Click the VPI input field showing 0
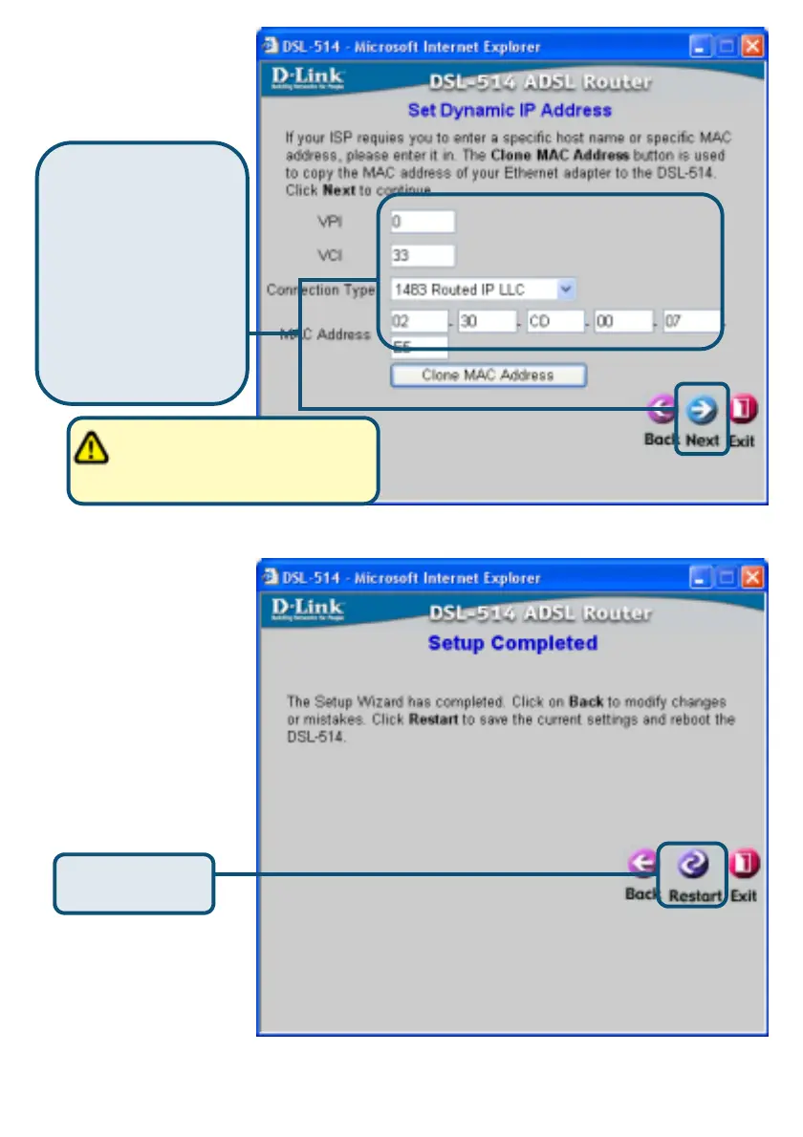[x=423, y=222]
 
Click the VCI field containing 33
[x=423, y=256]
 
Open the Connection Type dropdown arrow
[x=566, y=289]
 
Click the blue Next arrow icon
[x=703, y=410]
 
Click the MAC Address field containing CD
[x=554, y=322]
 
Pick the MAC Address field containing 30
[x=487, y=322]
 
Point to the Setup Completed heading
[x=512, y=643]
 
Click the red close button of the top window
[x=753, y=46]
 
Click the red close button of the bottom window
[x=753, y=577]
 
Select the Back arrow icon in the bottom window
[x=641, y=865]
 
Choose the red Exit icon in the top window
[x=744, y=410]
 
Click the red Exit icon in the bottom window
[x=744, y=865]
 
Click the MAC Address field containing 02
[x=419, y=322]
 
